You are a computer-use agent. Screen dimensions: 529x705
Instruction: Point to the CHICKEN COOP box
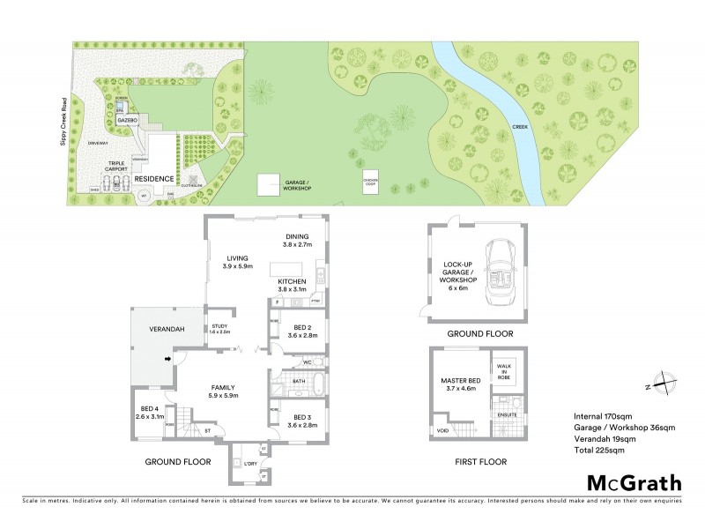point(371,182)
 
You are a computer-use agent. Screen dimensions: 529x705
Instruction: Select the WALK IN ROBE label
point(505,371)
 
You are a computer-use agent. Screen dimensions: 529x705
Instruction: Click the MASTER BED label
point(458,385)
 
